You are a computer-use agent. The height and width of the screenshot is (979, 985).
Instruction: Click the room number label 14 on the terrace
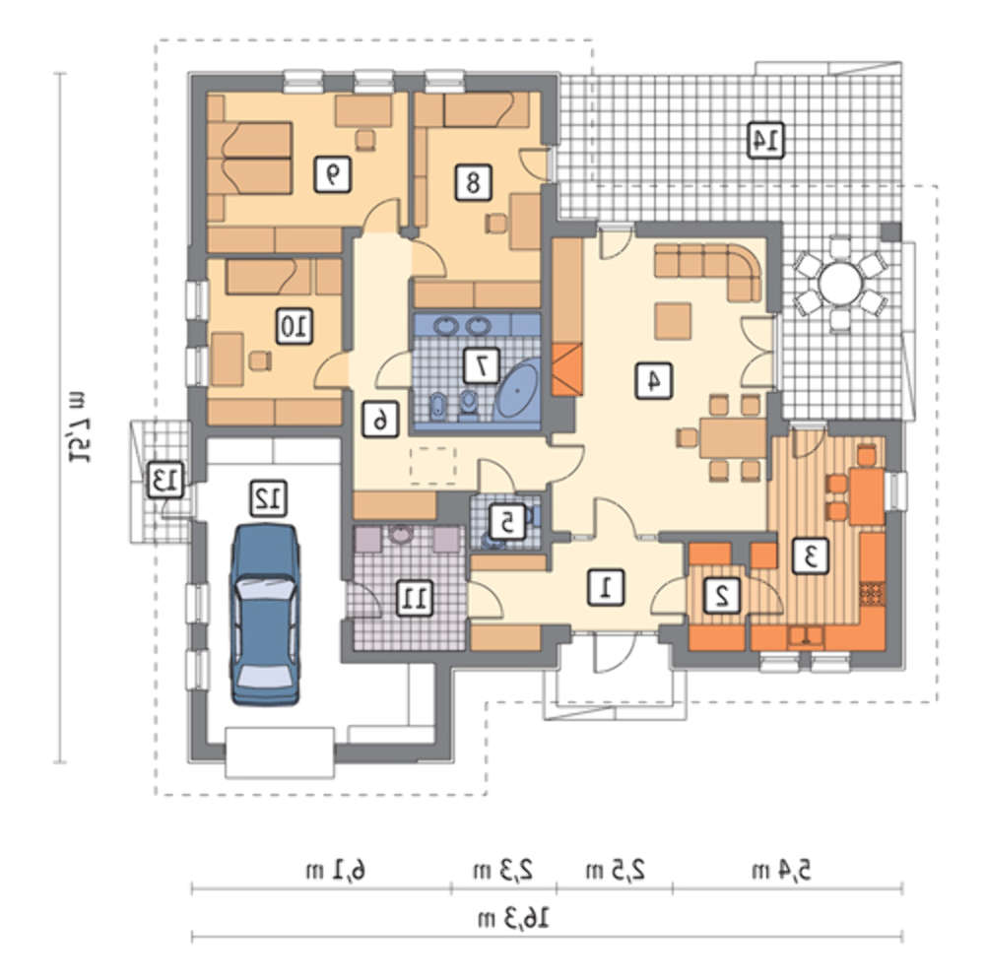pos(765,140)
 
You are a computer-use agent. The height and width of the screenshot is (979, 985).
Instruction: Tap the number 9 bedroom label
pos(332,174)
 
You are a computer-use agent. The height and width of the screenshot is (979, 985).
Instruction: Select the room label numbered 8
pos(473,183)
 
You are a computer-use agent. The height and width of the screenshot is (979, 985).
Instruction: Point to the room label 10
pos(295,326)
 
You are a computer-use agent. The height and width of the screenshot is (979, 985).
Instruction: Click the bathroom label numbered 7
pos(482,365)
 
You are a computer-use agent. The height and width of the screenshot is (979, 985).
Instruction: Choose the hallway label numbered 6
pos(380,420)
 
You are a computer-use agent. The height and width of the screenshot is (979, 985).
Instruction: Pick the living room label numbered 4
pos(654,380)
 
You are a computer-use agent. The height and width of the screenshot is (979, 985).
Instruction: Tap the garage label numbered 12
pos(269,498)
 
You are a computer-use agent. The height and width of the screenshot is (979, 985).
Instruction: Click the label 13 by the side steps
pos(165,481)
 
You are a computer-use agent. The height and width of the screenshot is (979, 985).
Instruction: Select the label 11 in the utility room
pos(415,597)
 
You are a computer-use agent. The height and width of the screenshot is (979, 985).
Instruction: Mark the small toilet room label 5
pos(507,522)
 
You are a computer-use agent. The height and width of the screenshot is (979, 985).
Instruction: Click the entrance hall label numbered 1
pos(606,588)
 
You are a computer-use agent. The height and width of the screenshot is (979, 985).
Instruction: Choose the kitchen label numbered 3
pos(811,555)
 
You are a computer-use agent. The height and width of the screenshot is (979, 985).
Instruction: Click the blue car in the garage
pos(265,615)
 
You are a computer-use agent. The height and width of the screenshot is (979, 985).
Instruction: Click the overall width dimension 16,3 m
pos(514,919)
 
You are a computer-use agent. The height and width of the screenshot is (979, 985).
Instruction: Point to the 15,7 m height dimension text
pos(78,427)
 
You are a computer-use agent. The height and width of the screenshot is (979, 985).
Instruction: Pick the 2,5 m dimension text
pos(616,871)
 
